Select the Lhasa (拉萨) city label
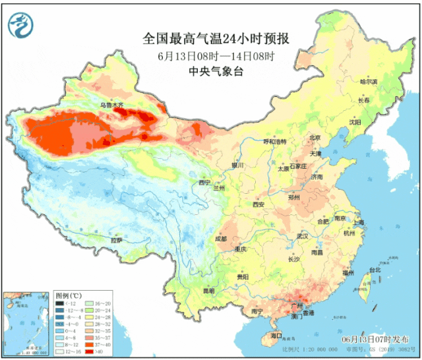click(x=117, y=240)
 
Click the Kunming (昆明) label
click(x=208, y=290)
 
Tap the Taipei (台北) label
click(x=374, y=270)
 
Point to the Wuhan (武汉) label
click(x=303, y=235)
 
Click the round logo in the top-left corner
click(x=20, y=25)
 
